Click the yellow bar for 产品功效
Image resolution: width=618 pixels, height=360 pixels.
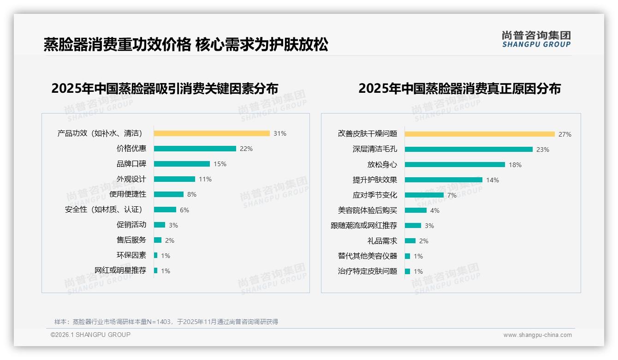212,133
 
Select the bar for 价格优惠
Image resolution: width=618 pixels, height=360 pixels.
195,149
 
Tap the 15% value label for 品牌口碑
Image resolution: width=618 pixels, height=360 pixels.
220,164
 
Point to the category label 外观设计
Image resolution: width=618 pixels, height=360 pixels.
131,179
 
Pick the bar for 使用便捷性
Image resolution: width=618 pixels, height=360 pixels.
169,194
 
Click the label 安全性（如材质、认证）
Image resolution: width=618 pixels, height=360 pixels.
104,210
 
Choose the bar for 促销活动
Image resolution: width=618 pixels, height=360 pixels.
160,225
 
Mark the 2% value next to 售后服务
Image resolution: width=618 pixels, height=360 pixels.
170,240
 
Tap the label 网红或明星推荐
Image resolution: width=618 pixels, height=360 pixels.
120,270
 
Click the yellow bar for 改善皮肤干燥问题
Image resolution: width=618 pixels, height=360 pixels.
480,134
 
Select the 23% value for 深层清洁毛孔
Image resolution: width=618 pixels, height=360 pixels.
543,150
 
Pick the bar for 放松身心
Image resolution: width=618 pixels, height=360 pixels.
455,165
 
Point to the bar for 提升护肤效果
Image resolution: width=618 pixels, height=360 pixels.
444,180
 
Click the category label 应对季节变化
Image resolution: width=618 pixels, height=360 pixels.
375,195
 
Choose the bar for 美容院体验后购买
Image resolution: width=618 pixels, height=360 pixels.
416,210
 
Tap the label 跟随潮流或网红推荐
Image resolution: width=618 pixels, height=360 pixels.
364,226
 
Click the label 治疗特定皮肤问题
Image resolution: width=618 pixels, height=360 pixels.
368,271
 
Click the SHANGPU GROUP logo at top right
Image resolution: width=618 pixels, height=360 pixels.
536,39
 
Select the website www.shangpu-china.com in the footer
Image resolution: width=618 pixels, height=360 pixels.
537,335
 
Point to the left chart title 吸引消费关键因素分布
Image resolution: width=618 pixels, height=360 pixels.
165,89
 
